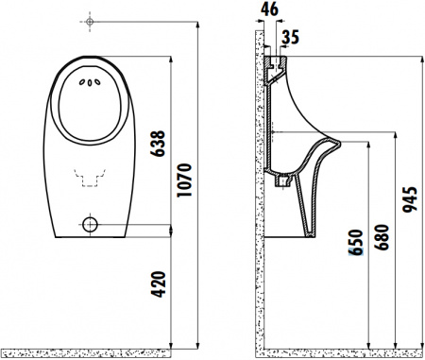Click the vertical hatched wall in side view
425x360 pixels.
pos(259,189)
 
